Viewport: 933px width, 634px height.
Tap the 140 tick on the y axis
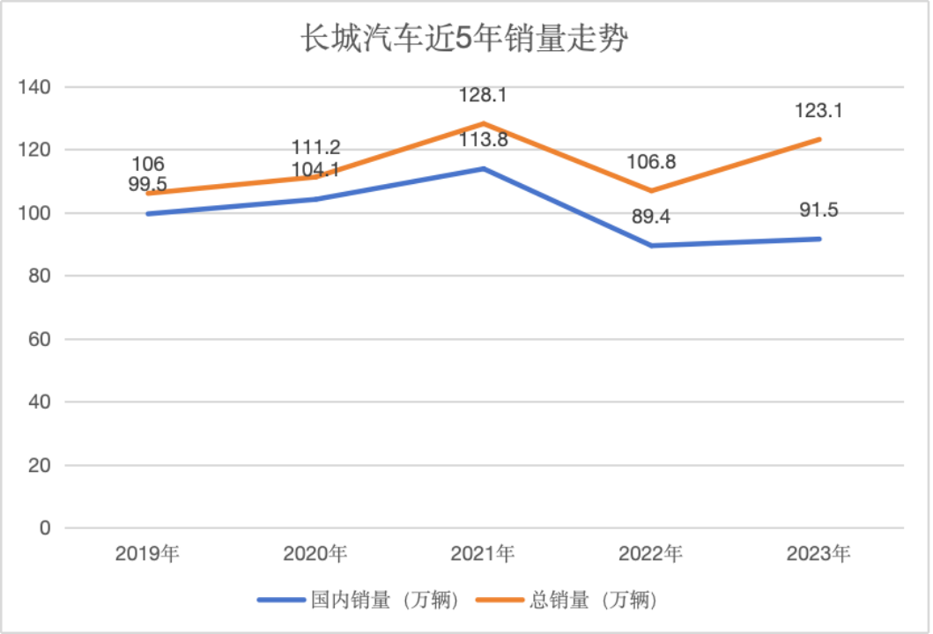[38, 87]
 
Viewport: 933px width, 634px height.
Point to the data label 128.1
[483, 94]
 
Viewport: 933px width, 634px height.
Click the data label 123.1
[818, 111]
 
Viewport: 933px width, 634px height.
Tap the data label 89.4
[651, 217]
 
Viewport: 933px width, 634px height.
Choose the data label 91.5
[818, 210]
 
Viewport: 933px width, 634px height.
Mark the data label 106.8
[651, 161]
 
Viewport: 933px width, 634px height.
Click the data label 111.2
[315, 147]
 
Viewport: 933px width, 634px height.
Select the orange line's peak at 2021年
[483, 123]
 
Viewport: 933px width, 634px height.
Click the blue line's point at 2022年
[651, 246]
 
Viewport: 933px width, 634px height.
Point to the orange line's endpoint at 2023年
[818, 139]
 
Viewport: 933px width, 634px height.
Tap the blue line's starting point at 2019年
[147, 214]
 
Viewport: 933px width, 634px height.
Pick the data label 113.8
[483, 139]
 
